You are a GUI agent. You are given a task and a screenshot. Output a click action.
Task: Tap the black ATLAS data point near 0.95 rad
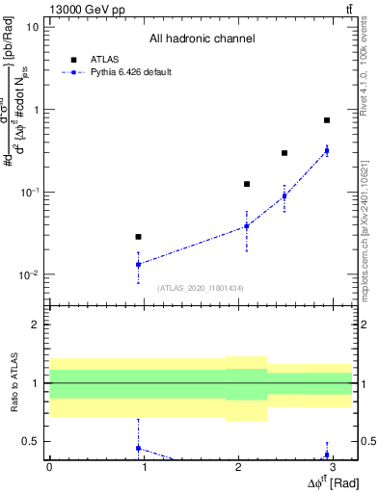[x=139, y=237]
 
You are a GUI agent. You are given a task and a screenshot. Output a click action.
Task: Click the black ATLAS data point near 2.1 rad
[x=247, y=184]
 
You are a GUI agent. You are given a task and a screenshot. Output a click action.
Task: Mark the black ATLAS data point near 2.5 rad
[x=284, y=153]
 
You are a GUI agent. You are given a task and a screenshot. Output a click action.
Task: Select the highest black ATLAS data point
[x=327, y=120]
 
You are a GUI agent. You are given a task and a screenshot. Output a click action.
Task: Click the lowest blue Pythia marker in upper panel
[x=139, y=264]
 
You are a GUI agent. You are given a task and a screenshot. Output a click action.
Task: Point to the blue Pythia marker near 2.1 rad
[x=247, y=226]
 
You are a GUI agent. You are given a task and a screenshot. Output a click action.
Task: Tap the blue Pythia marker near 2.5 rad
[x=284, y=196]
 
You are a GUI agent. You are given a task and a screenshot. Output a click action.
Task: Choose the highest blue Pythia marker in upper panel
[x=327, y=151]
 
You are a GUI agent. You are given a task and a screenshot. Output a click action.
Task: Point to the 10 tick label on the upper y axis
[x=33, y=27]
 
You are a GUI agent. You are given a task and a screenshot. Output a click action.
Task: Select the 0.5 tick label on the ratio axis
[x=31, y=442]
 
